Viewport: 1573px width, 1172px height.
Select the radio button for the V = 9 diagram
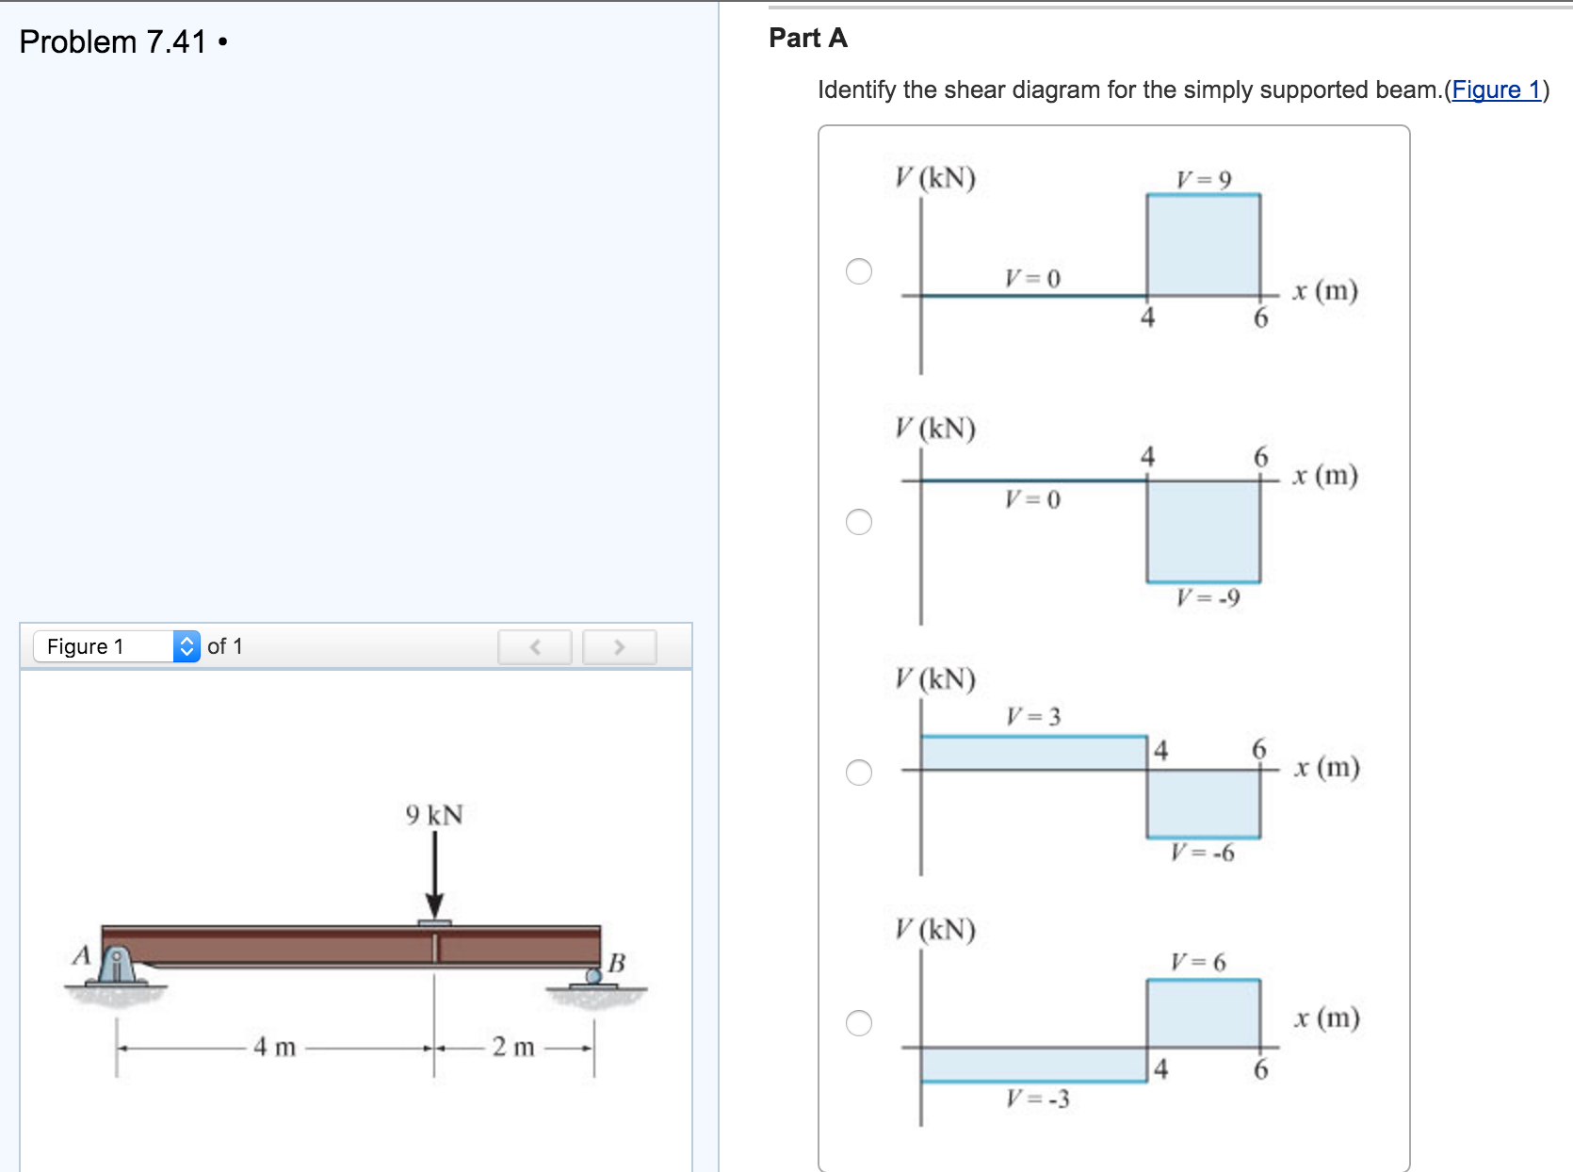(x=859, y=271)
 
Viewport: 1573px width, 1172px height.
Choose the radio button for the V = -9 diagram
(x=859, y=522)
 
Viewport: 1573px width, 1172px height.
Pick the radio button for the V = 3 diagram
(x=859, y=773)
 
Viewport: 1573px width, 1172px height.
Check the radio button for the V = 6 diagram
(x=859, y=1023)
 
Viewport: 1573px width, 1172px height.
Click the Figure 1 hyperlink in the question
(x=1496, y=90)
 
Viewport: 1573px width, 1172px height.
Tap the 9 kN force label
(x=434, y=815)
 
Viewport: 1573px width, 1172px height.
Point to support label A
(x=82, y=955)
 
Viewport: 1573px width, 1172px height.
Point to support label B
(x=617, y=963)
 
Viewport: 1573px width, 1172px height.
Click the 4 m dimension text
(x=274, y=1047)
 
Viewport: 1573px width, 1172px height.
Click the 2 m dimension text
(x=513, y=1047)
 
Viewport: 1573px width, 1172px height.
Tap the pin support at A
(x=116, y=966)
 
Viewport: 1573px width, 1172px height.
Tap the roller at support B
(x=594, y=976)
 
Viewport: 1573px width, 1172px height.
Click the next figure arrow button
(x=619, y=647)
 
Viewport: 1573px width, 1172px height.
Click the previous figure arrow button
(x=535, y=647)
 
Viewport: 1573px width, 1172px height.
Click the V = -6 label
(x=1202, y=853)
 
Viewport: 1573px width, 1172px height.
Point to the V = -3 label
(x=1037, y=1099)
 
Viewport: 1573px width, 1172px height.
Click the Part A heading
(x=808, y=38)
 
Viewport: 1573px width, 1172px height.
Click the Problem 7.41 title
(x=113, y=42)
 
